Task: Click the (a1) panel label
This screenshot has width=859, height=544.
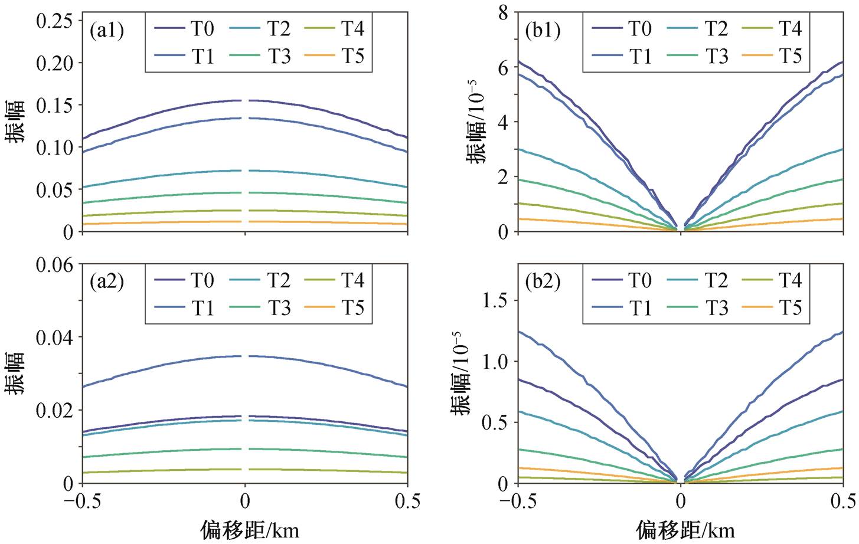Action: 107,30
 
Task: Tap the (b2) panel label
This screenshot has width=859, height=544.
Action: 543,282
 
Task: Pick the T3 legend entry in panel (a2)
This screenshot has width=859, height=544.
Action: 260,307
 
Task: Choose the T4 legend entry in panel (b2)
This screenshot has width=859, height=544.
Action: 772,280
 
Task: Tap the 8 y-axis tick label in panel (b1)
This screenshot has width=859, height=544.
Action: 503,12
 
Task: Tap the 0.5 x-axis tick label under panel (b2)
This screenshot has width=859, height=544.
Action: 842,502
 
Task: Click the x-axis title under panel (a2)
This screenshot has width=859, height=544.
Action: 249,530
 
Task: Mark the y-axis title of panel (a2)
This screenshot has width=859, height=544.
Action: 15,373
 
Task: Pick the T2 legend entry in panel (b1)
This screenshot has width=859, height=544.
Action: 697,28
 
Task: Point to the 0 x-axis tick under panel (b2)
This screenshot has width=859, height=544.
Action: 681,502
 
